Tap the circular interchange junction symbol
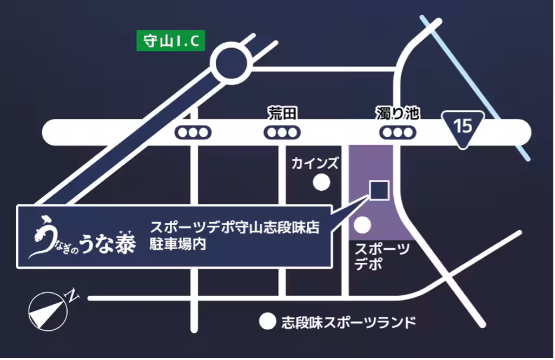(x=234, y=64)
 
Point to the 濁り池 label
(x=398, y=114)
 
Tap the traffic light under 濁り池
(x=398, y=132)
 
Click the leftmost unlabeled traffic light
(x=193, y=132)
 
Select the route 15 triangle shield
(x=464, y=128)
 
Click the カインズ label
(x=315, y=163)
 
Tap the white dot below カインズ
(x=322, y=183)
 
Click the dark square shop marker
(x=378, y=190)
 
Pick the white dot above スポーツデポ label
(x=362, y=223)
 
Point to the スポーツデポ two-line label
(x=381, y=257)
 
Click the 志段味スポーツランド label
(x=349, y=322)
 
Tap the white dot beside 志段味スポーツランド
(x=267, y=322)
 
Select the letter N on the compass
(x=70, y=294)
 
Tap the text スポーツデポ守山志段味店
(x=235, y=228)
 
